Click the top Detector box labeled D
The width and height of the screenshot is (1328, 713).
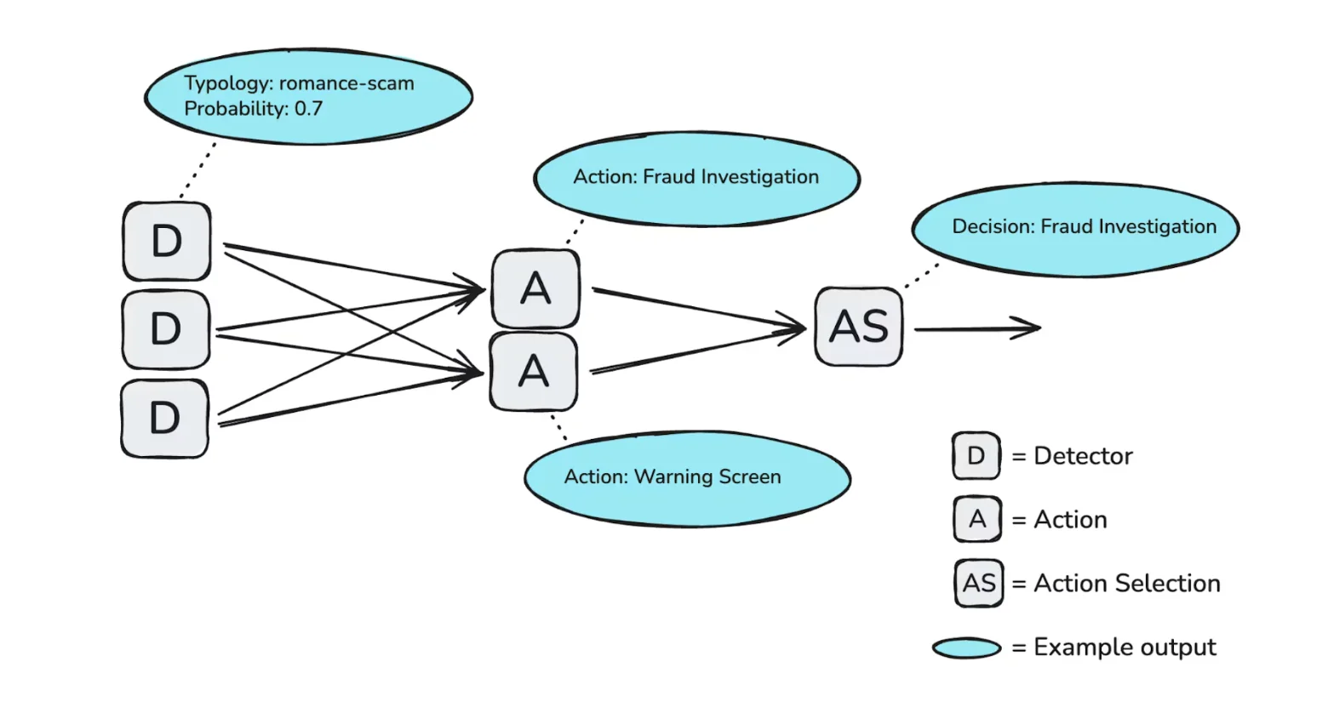[x=167, y=242]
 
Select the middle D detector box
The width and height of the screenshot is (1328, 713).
[x=166, y=329]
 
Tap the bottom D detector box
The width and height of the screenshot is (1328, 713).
[x=165, y=418]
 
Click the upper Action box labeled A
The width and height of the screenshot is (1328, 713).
[x=535, y=289]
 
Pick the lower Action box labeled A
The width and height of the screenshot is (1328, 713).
[x=534, y=372]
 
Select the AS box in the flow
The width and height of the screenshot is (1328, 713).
[x=859, y=327]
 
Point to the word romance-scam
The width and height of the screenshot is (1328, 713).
[x=346, y=83]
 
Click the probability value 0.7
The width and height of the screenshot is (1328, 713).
[x=308, y=109]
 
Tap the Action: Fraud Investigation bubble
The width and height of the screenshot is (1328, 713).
[x=696, y=178]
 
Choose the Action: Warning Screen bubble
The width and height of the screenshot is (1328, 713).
[x=686, y=477]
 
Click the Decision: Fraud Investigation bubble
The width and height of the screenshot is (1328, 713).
[x=1075, y=228]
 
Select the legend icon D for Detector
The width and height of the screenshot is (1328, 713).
[x=976, y=456]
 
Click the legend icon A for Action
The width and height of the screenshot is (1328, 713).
[x=977, y=519]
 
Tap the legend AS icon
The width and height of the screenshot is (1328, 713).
[x=978, y=584]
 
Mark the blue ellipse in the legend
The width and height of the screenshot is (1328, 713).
[x=967, y=648]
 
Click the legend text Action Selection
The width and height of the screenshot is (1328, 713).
[x=1126, y=584]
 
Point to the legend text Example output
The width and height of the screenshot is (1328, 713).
[x=1125, y=647]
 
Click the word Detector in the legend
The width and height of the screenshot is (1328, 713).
[x=1083, y=456]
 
